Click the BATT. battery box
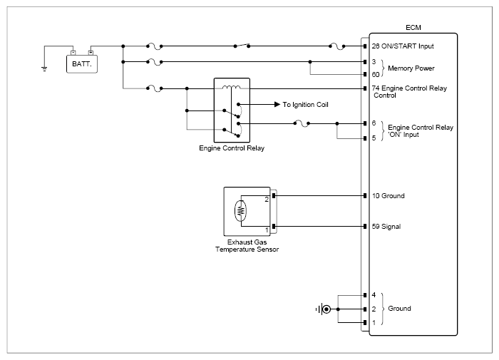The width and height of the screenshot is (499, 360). (82, 64)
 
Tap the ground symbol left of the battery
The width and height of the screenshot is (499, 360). (44, 68)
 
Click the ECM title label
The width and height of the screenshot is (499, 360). (413, 28)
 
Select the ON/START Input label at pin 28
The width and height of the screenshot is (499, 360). (407, 46)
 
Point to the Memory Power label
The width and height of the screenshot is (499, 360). (411, 68)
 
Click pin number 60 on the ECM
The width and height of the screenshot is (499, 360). (376, 74)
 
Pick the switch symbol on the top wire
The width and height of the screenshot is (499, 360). (242, 45)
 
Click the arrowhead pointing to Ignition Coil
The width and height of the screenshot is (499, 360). (277, 104)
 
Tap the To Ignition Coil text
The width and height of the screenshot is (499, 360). (305, 105)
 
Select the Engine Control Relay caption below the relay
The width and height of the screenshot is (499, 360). (232, 148)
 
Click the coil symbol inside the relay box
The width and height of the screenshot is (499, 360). (232, 87)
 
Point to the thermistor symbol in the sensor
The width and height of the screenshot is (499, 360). (240, 211)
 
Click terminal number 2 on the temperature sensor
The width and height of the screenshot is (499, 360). (267, 200)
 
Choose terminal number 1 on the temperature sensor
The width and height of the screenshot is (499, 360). (267, 230)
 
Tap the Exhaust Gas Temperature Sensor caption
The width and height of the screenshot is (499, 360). (247, 246)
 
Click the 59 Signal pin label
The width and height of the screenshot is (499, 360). (386, 226)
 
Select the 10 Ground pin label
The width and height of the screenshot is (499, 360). (389, 196)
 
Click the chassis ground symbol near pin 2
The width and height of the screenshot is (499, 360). (324, 309)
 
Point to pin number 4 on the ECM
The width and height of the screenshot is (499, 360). (374, 295)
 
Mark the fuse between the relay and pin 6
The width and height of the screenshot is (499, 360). (302, 123)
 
